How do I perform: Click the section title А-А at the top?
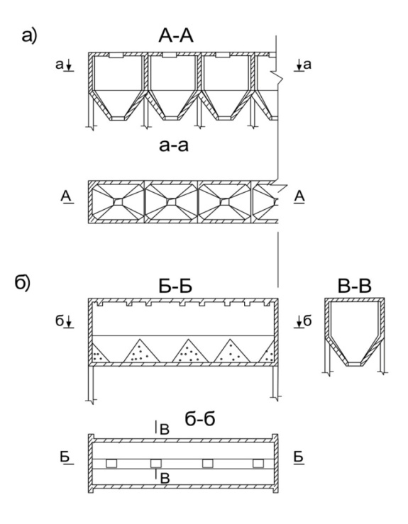click(x=176, y=35)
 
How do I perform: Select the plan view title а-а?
click(x=174, y=146)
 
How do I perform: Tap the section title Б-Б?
click(x=175, y=286)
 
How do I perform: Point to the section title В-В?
click(x=355, y=286)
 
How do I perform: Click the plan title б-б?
click(x=199, y=419)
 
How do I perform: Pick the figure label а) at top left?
click(x=29, y=35)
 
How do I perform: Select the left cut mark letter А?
click(x=66, y=196)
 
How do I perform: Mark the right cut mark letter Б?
click(x=299, y=457)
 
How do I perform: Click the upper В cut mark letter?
click(x=164, y=430)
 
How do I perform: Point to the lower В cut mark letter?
click(x=165, y=478)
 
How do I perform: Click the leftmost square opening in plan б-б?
click(x=111, y=464)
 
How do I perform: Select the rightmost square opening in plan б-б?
click(x=258, y=464)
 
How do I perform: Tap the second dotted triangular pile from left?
click(x=141, y=351)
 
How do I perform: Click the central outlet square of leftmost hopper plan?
click(x=118, y=202)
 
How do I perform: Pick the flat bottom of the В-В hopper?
click(x=354, y=364)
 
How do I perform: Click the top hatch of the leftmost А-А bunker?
click(x=116, y=55)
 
